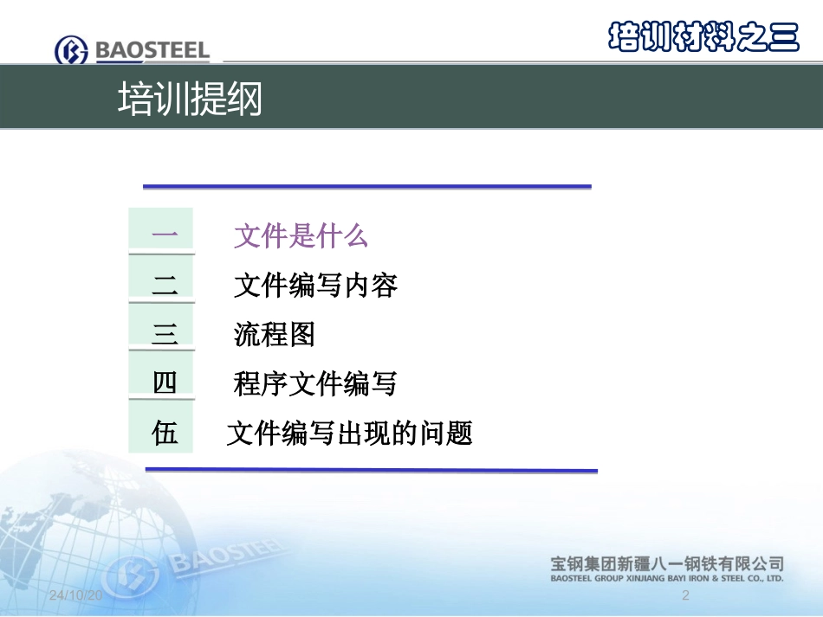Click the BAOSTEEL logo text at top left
(x=152, y=50)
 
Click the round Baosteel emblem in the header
(x=71, y=51)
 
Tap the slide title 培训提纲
(x=189, y=100)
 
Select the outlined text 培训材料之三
(x=703, y=35)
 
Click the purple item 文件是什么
(x=301, y=235)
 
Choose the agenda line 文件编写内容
(x=315, y=285)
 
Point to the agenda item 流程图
(x=274, y=334)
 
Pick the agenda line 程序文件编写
(x=315, y=382)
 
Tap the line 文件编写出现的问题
(x=349, y=433)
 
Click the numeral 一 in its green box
(x=163, y=235)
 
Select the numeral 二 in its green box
(x=163, y=285)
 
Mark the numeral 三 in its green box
(x=163, y=333)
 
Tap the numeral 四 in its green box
(x=163, y=382)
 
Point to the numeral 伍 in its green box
(x=163, y=432)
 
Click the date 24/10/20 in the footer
(x=75, y=596)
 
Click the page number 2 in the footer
(x=685, y=595)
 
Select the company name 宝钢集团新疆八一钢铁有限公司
(x=667, y=563)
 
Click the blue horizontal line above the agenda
(x=366, y=186)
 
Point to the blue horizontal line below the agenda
(x=371, y=470)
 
